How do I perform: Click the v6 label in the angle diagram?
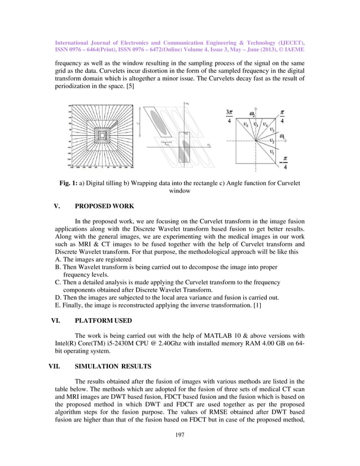245,124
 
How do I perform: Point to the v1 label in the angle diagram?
272,151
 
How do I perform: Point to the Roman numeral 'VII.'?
58,365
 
